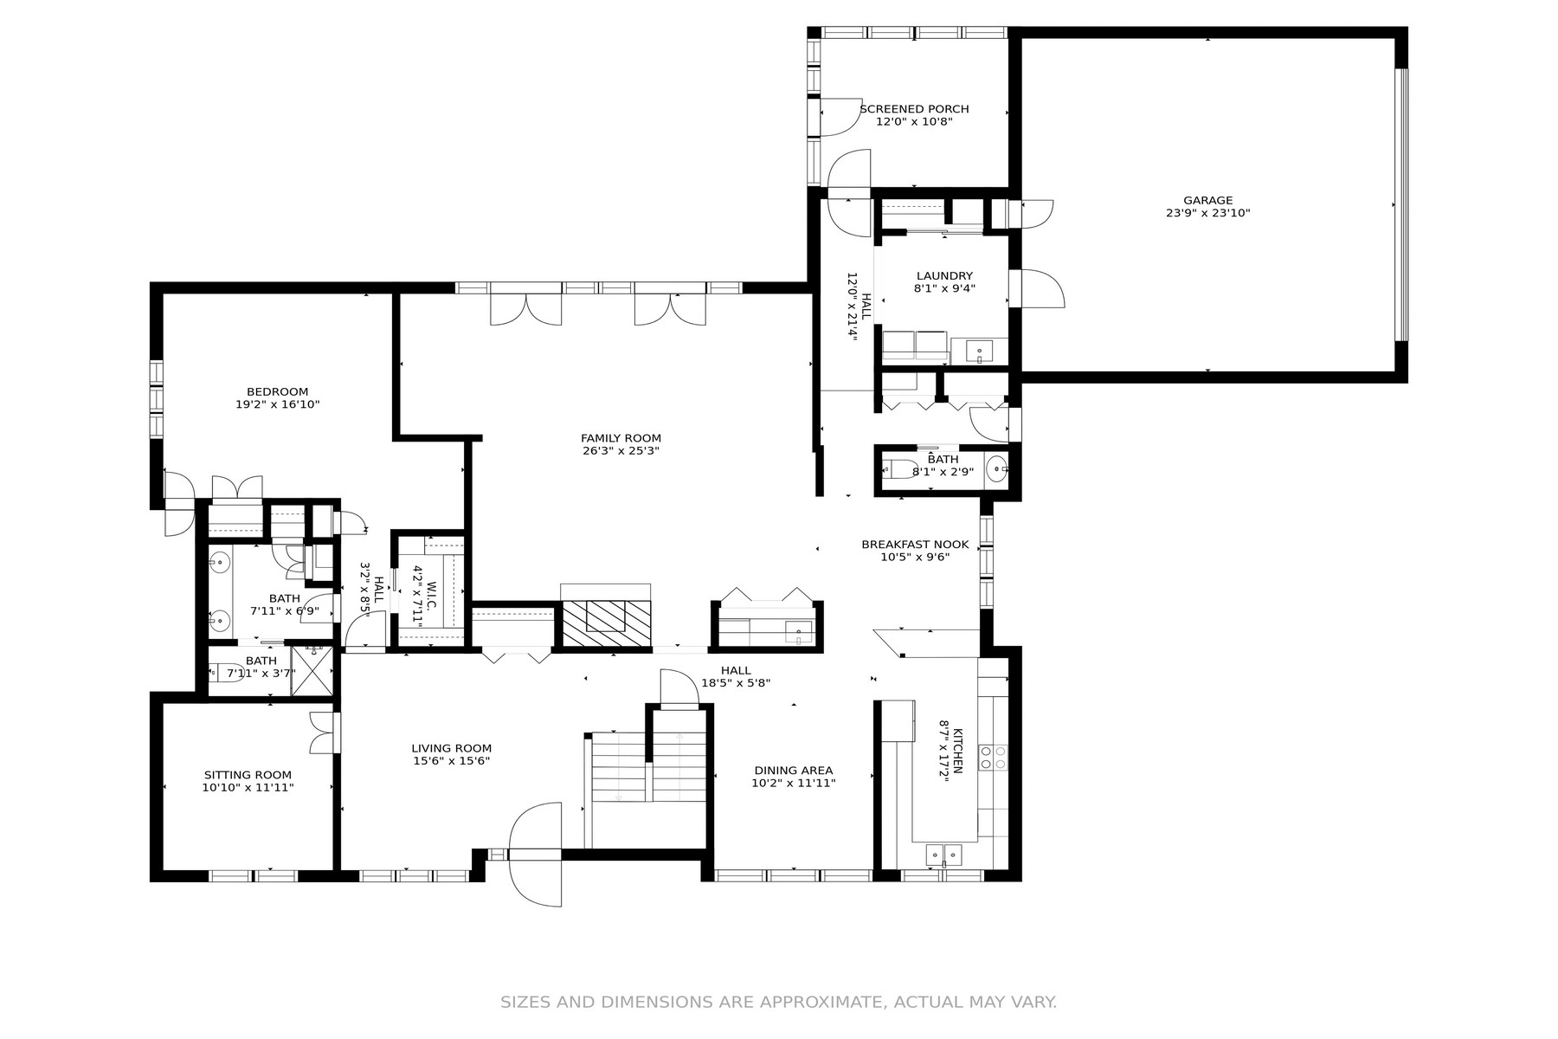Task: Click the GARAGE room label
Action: pyautogui.click(x=1208, y=201)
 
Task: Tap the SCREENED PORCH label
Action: pyautogui.click(x=914, y=109)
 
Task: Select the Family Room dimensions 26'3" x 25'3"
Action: pyautogui.click(x=621, y=450)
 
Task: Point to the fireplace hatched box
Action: pyautogui.click(x=606, y=621)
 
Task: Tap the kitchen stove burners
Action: pyautogui.click(x=993, y=758)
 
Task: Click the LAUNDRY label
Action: pyautogui.click(x=945, y=276)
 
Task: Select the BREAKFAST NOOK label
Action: pyautogui.click(x=915, y=545)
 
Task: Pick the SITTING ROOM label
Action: pyautogui.click(x=248, y=775)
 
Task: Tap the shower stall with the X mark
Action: pyautogui.click(x=312, y=669)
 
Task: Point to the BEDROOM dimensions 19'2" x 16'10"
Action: pyautogui.click(x=278, y=404)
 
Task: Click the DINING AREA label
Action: pyautogui.click(x=794, y=771)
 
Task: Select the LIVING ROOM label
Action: pyautogui.click(x=452, y=749)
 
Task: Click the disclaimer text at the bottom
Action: pyautogui.click(x=779, y=1003)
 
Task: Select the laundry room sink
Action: pyautogui.click(x=980, y=352)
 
